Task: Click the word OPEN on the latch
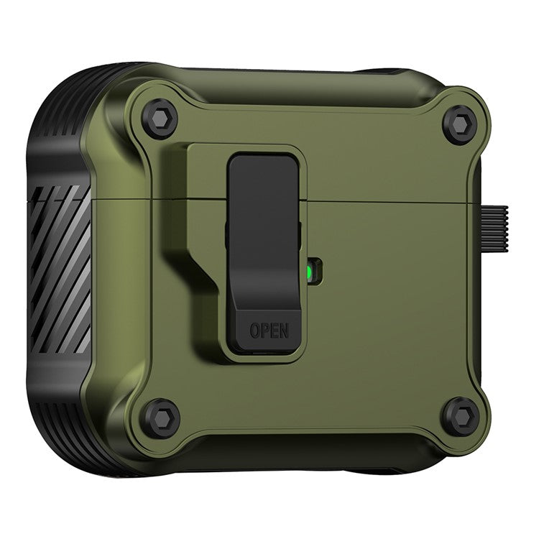pyautogui.click(x=269, y=331)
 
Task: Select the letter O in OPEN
pyautogui.click(x=254, y=331)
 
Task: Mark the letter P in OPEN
pyautogui.click(x=264, y=331)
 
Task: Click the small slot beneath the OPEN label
pyautogui.click(x=269, y=351)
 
